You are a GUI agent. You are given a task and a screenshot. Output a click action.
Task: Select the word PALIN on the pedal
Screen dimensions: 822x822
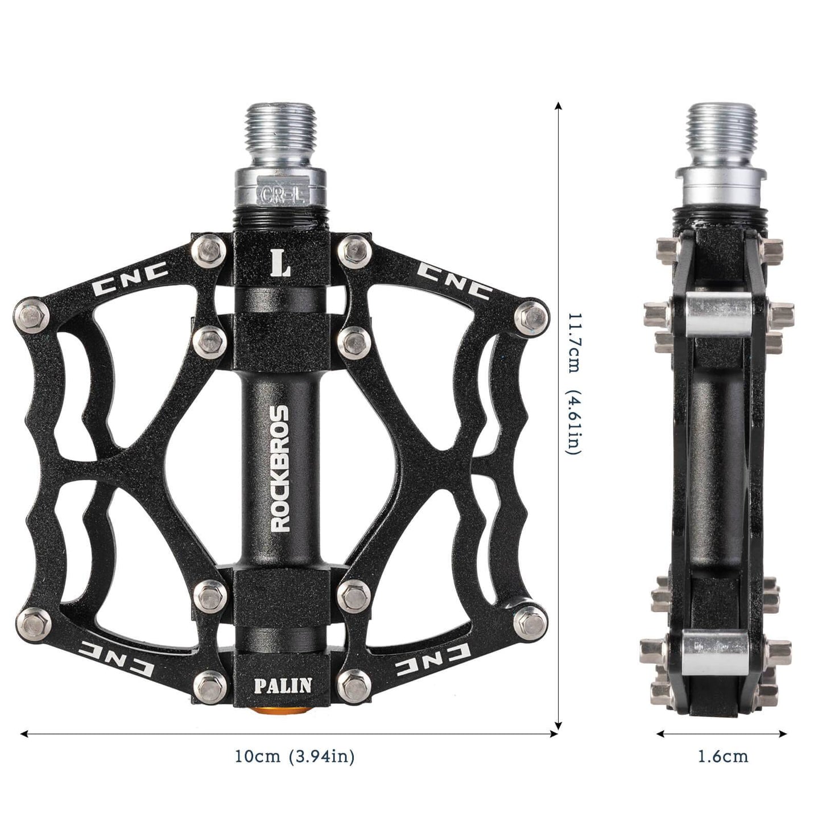tap(282, 685)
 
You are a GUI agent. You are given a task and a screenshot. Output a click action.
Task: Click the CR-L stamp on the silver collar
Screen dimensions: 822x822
tap(282, 195)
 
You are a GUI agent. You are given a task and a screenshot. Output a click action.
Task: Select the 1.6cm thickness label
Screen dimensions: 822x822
tap(722, 757)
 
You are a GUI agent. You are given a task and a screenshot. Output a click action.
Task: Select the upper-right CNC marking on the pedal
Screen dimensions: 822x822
tap(453, 280)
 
